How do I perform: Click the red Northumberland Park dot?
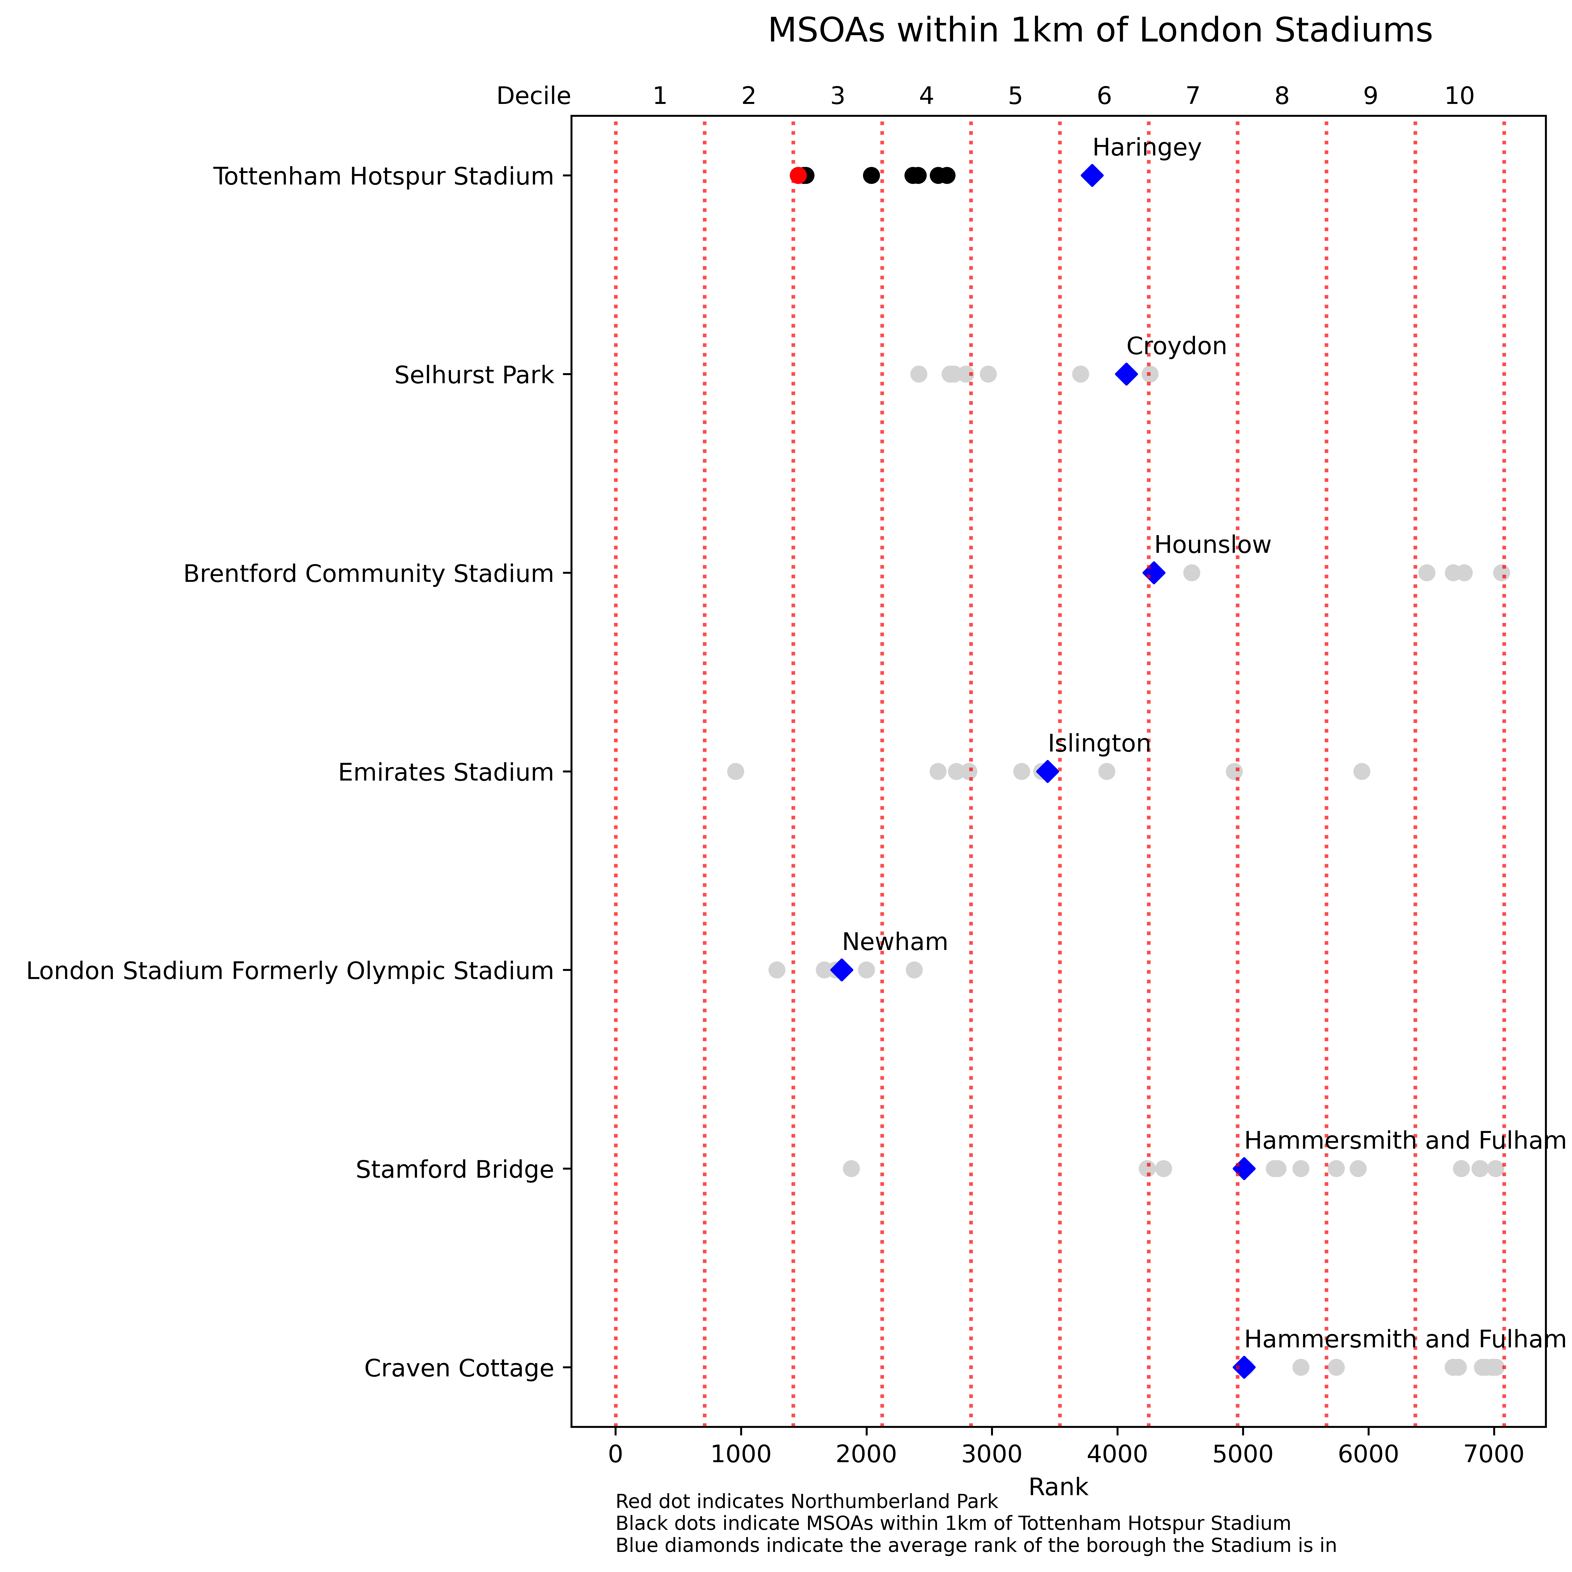click(798, 176)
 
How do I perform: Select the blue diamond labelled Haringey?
click(1092, 176)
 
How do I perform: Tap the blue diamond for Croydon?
click(1126, 374)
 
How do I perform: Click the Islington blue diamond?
click(1048, 771)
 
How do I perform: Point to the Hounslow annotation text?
click(1212, 545)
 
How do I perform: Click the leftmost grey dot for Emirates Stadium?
click(736, 771)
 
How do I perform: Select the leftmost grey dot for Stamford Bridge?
click(851, 1169)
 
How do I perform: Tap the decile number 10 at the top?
click(1459, 96)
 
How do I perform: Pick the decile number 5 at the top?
click(1015, 96)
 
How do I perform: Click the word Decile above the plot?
click(534, 96)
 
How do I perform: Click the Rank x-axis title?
click(1058, 1487)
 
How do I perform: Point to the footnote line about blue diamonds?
click(976, 1545)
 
